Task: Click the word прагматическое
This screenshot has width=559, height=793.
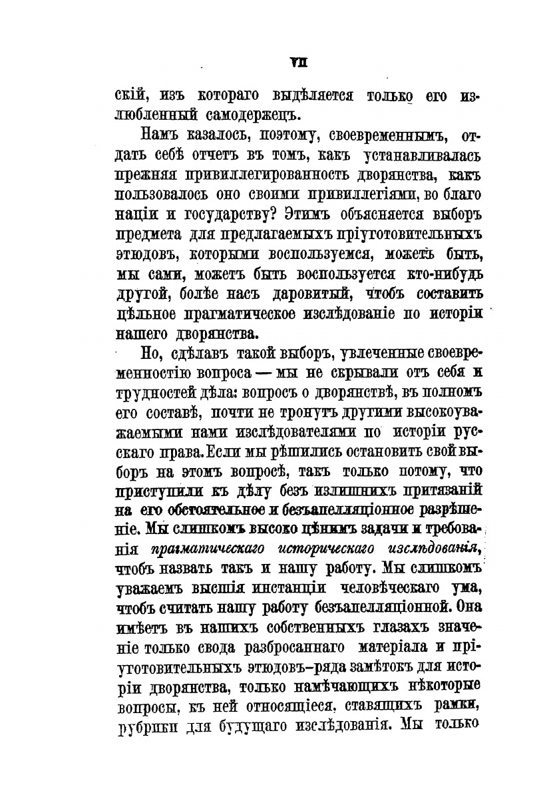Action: click(254, 312)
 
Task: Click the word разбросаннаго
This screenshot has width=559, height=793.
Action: click(297, 646)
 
